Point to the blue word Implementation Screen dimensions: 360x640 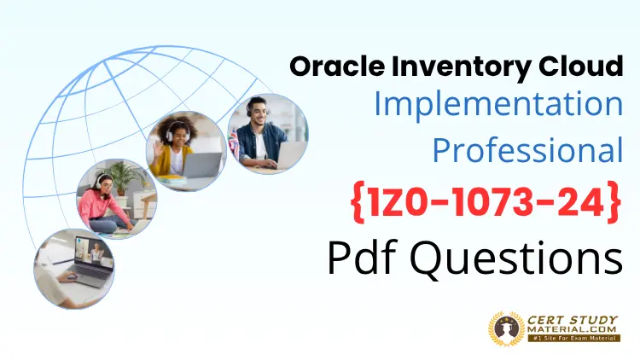click(497, 105)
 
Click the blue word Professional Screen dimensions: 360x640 click(527, 150)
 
